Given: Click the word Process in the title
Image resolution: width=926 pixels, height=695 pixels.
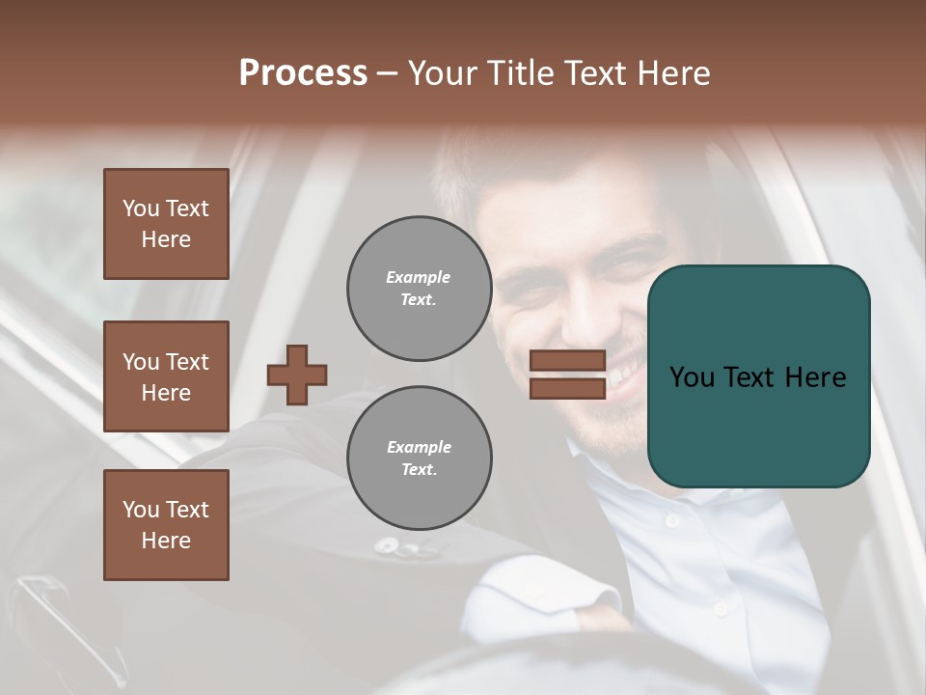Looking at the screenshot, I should (x=303, y=73).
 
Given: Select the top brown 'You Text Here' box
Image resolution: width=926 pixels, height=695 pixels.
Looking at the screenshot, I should (x=166, y=224).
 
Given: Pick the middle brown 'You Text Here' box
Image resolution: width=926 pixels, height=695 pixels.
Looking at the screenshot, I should (x=166, y=376).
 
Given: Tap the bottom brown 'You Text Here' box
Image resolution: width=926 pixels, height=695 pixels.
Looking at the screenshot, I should (x=166, y=525).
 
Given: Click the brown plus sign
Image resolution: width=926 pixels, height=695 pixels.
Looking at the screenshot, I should (x=297, y=375).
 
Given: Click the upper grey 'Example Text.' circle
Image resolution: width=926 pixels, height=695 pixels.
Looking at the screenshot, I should (x=419, y=289).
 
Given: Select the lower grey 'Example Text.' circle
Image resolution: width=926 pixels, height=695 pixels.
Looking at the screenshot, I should (x=419, y=459).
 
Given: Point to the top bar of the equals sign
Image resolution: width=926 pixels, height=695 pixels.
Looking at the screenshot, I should (x=567, y=361).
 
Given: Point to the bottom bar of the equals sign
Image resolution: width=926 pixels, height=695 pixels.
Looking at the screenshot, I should (x=567, y=388).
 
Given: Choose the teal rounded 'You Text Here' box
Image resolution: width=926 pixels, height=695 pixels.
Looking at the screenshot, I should (x=758, y=375).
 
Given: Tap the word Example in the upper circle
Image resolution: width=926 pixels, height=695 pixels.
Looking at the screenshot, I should (x=418, y=278).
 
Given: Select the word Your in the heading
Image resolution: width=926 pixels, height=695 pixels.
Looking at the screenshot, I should (x=443, y=73).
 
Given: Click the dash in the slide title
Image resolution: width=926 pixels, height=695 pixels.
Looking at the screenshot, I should (x=388, y=73).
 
